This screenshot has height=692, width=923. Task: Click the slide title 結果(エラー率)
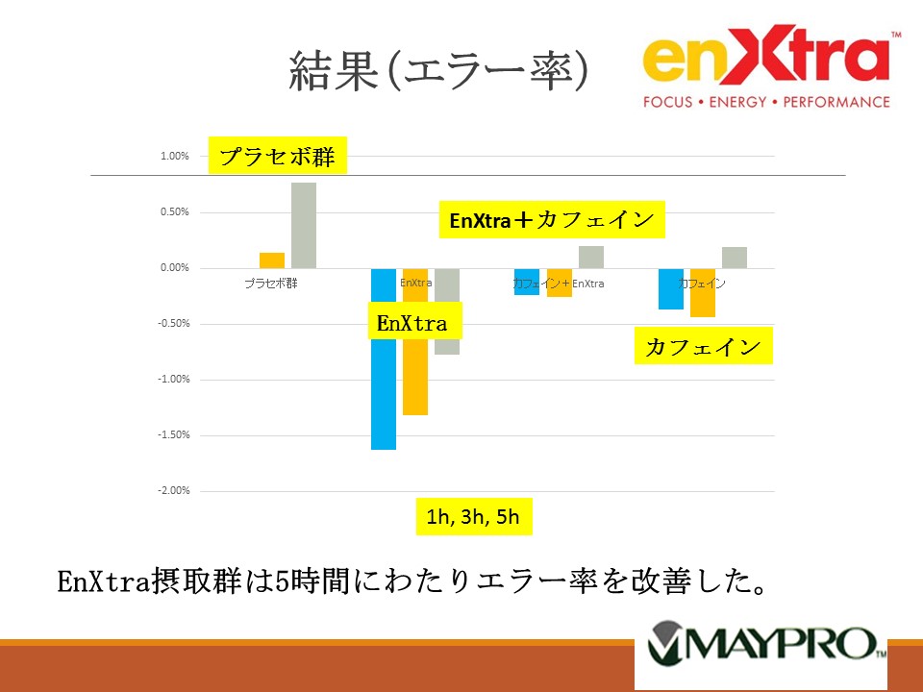click(438, 73)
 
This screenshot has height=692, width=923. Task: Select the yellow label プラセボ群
click(278, 157)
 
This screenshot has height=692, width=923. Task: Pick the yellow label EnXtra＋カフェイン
click(552, 220)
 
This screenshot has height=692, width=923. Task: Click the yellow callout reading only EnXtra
click(413, 323)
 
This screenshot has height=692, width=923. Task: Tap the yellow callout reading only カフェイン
click(704, 347)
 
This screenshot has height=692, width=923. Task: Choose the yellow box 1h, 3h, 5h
click(473, 517)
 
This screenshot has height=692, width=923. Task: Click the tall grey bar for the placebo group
click(304, 225)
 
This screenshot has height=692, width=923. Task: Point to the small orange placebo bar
click(272, 260)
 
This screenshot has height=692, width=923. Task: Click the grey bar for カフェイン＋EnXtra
click(591, 257)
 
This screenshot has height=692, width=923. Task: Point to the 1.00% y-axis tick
click(174, 157)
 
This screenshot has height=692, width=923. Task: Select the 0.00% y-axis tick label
click(174, 268)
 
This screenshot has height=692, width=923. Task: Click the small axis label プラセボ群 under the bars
click(270, 284)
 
